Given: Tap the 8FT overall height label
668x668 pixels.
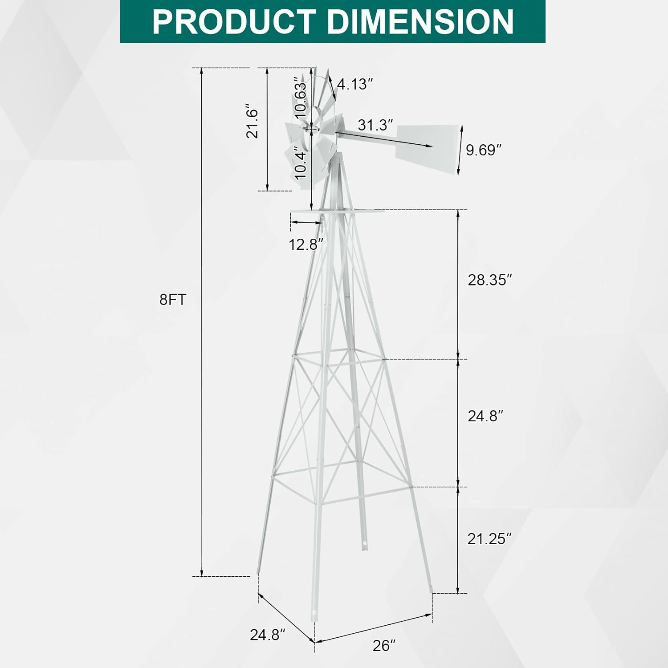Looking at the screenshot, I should point(172,300).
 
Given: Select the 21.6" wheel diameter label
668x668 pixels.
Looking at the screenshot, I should point(253,123).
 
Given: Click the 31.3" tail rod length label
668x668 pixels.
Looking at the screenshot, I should point(376,125).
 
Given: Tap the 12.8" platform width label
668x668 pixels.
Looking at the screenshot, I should point(305,244).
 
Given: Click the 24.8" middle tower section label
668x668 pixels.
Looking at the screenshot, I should point(485,416).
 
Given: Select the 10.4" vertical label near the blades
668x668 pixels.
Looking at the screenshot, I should point(301,165).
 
